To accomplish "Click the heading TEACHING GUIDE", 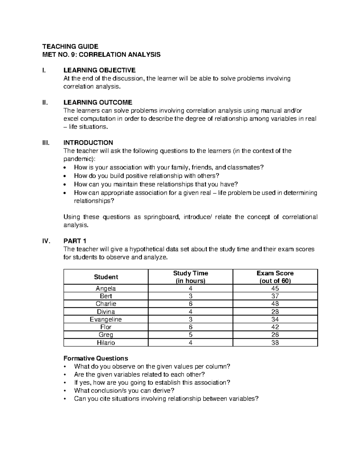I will click(70, 46).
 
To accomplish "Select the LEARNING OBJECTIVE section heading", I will click(99, 70).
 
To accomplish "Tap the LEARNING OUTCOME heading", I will click(98, 103).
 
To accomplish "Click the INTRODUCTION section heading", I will click(88, 143).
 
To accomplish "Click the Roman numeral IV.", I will click(46, 241).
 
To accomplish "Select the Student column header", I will click(106, 277).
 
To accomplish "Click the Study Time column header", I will click(190, 277).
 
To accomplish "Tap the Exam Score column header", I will click(275, 277).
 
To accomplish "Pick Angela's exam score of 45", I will click(275, 288).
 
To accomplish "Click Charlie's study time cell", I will click(190, 304).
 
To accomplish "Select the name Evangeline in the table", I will click(106, 319).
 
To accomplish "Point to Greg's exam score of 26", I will click(275, 335).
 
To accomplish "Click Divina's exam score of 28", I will click(275, 312).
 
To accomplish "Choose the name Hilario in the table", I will click(106, 343).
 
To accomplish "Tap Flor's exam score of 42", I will click(275, 327).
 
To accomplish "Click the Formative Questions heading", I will click(96, 358).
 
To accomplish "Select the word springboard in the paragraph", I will click(163, 217).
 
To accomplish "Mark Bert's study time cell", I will click(190, 296).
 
